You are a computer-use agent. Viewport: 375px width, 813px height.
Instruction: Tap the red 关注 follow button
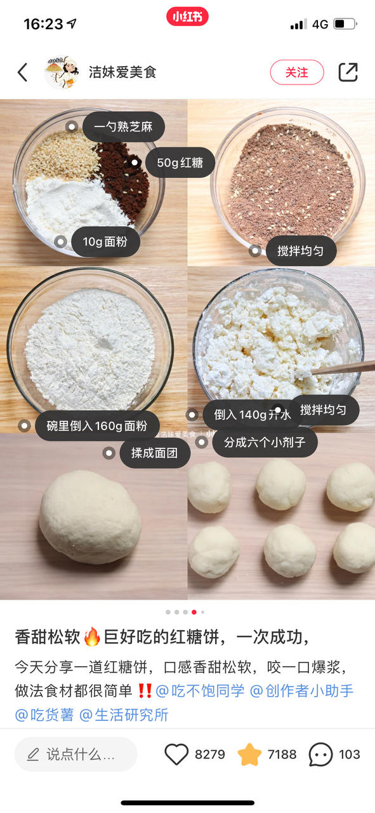point(297,72)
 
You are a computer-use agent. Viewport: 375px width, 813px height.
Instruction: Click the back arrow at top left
point(22,72)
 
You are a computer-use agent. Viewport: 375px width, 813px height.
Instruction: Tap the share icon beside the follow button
point(348,72)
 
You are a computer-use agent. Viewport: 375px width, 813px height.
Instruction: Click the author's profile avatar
point(62,72)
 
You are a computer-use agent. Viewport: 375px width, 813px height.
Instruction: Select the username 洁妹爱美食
point(122,72)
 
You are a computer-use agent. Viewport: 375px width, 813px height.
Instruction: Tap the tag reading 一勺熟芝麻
point(124,126)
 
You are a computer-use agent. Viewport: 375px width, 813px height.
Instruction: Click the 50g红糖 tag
point(180,163)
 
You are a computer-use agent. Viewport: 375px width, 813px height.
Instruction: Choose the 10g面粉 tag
point(105,242)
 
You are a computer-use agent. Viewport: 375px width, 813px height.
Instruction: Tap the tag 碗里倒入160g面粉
point(97,426)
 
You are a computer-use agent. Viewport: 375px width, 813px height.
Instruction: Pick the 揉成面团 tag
point(155,453)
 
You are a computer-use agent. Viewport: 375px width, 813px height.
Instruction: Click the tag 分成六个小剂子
point(265,442)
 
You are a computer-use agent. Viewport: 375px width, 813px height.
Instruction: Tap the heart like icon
point(176,754)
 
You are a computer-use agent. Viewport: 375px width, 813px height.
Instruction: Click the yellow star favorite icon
point(249,754)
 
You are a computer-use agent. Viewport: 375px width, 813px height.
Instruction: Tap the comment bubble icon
point(320,754)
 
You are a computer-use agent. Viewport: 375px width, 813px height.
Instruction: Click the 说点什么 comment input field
point(76,754)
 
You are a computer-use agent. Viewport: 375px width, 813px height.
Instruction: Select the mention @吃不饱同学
point(200,690)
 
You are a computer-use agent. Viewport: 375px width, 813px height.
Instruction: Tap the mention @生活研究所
point(124,715)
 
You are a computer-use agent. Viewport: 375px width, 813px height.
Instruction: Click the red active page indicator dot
point(194,612)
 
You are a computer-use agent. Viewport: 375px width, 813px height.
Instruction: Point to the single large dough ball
point(90,516)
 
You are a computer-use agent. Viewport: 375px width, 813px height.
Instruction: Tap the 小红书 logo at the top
point(188,17)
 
